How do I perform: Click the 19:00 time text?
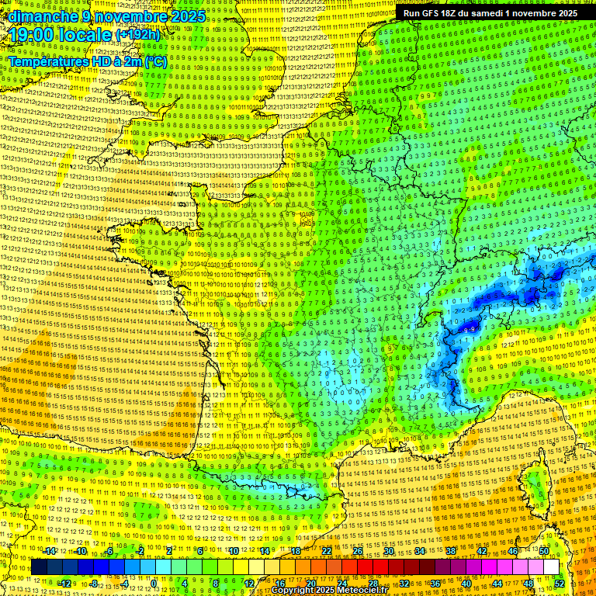[33, 35]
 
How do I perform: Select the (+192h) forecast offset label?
[137, 35]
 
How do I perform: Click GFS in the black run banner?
[435, 13]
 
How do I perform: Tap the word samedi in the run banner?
[499, 13]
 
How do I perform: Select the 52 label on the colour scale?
[559, 584]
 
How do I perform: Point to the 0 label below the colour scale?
[154, 584]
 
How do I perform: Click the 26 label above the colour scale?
[358, 551]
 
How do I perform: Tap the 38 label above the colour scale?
[451, 551]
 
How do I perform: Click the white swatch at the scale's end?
[551, 567]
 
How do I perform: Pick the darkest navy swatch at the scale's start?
[39, 567]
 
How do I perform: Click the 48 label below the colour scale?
[528, 584]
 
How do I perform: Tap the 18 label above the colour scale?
[296, 551]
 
